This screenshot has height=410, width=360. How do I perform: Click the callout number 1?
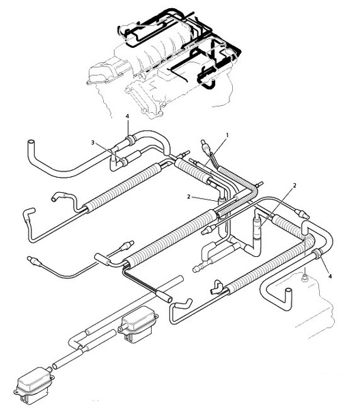pyautogui.click(x=227, y=135)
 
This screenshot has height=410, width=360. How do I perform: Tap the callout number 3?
pyautogui.click(x=92, y=143)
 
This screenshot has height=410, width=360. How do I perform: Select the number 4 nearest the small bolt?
pyautogui.click(x=330, y=276)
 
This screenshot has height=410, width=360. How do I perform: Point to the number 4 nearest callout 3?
pyautogui.click(x=127, y=116)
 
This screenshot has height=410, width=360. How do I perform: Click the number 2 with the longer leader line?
pyautogui.click(x=294, y=185)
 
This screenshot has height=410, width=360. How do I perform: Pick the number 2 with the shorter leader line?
pyautogui.click(x=189, y=197)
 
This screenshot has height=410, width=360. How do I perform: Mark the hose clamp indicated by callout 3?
pyautogui.click(x=124, y=162)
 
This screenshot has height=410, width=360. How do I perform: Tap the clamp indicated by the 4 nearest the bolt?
pyautogui.click(x=317, y=254)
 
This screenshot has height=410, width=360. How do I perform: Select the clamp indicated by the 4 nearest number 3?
pyautogui.click(x=130, y=139)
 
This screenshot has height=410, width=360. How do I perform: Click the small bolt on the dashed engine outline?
pyautogui.click(x=305, y=278)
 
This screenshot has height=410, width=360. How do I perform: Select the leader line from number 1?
pyautogui.click(x=214, y=151)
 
